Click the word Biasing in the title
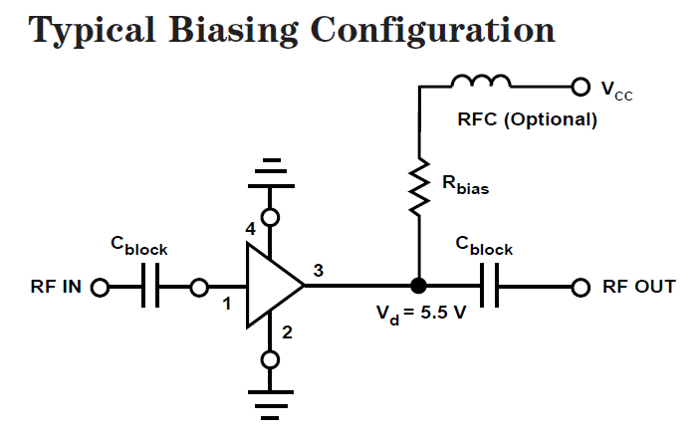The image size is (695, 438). point(236,30)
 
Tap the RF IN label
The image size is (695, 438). point(55,288)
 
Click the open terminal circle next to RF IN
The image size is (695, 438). point(100,288)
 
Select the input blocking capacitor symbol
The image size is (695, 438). point(149,288)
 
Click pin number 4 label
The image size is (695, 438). point(251,229)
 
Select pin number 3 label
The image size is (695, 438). point(318,270)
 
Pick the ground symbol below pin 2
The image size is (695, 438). point(269,404)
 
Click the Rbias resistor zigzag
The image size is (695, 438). point(418,187)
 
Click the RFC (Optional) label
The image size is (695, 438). point(527,120)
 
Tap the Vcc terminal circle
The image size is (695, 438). point(577,88)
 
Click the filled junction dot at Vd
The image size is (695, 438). point(418,288)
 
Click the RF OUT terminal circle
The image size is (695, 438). point(581,288)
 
